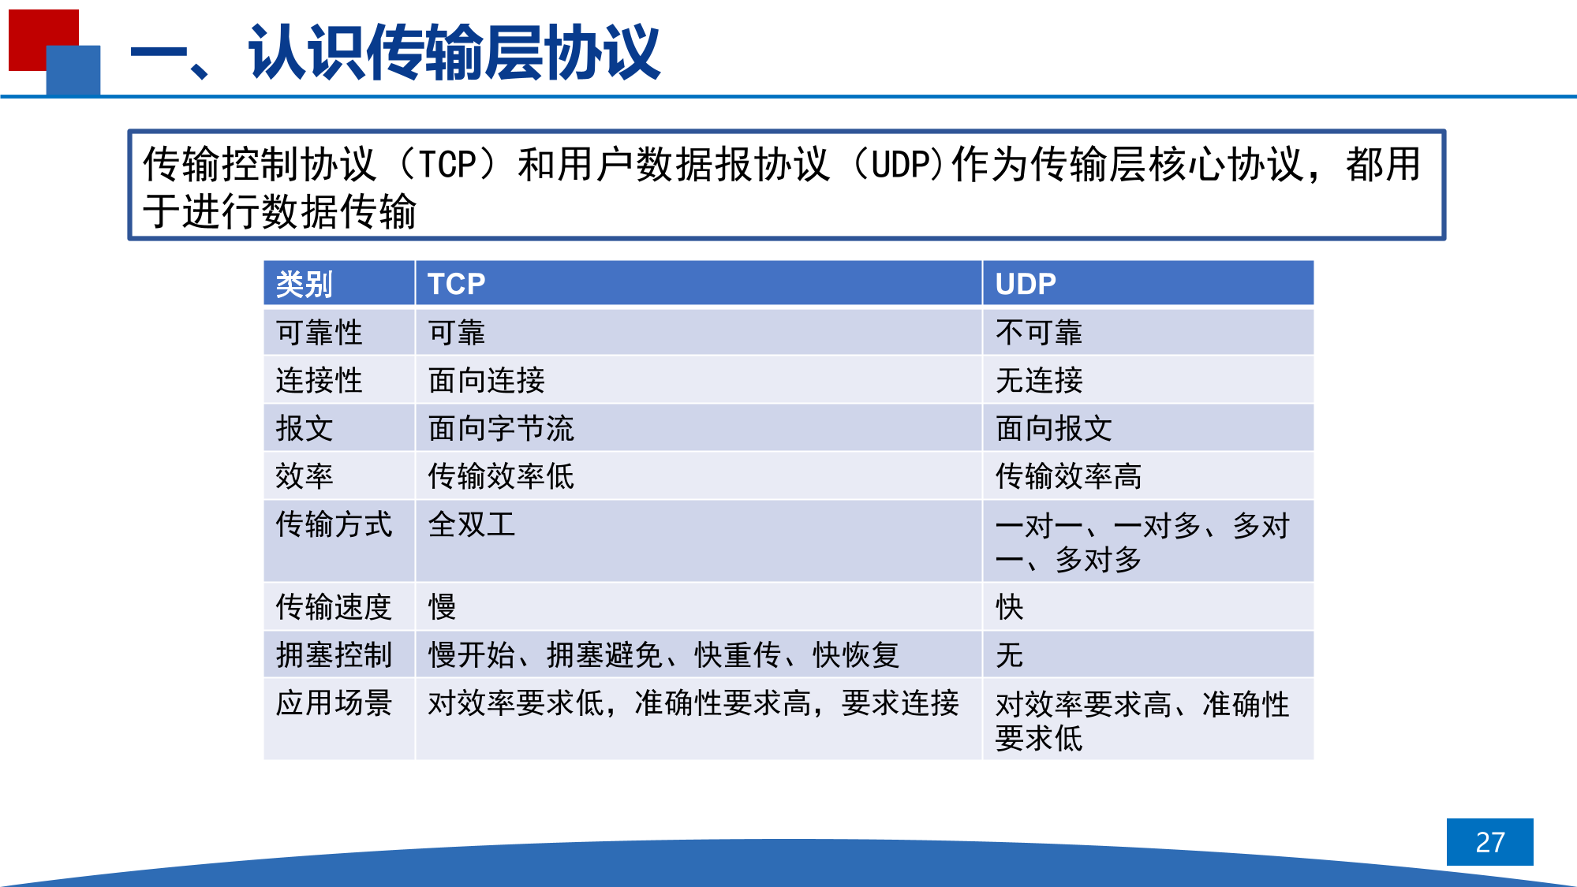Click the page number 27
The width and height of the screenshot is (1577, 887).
[1489, 842]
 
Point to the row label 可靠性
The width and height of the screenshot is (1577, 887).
[319, 333]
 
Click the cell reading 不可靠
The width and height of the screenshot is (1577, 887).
[1038, 333]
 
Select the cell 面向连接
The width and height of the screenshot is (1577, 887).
[486, 381]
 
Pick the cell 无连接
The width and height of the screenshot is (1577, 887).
[1038, 381]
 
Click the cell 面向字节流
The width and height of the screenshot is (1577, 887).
[501, 429]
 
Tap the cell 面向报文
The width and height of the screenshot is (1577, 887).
[1053, 429]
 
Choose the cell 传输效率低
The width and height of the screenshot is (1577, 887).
[501, 476]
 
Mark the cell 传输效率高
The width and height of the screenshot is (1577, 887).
[1068, 476]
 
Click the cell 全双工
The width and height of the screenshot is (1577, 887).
[471, 524]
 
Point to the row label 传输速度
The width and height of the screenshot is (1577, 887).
[334, 607]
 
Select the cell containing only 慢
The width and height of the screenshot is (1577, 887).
[442, 607]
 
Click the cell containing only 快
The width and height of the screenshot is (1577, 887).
[1009, 607]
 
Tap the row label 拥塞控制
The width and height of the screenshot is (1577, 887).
[334, 655]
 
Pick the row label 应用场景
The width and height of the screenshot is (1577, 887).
[334, 703]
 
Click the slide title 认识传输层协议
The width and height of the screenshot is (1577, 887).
[454, 52]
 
